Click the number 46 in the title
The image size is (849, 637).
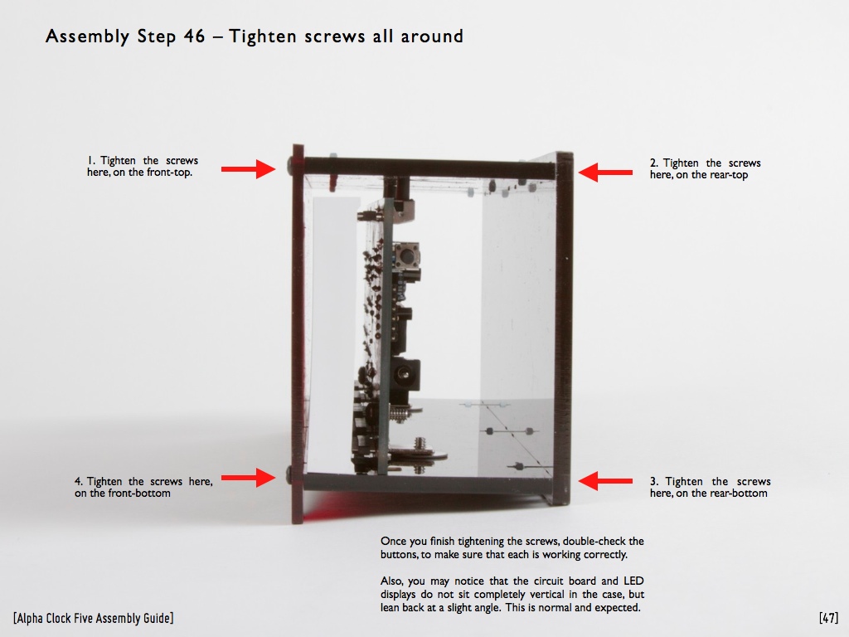click(194, 36)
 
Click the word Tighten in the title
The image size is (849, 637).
click(263, 36)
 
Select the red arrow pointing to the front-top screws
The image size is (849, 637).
click(248, 169)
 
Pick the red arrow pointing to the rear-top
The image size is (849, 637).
click(605, 173)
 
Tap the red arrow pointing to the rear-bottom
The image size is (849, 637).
click(605, 480)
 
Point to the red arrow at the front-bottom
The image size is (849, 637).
click(248, 477)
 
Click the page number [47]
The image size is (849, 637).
click(828, 618)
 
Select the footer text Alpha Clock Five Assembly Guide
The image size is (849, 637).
click(93, 619)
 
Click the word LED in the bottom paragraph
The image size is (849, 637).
click(633, 581)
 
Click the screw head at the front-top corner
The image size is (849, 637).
click(291, 165)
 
